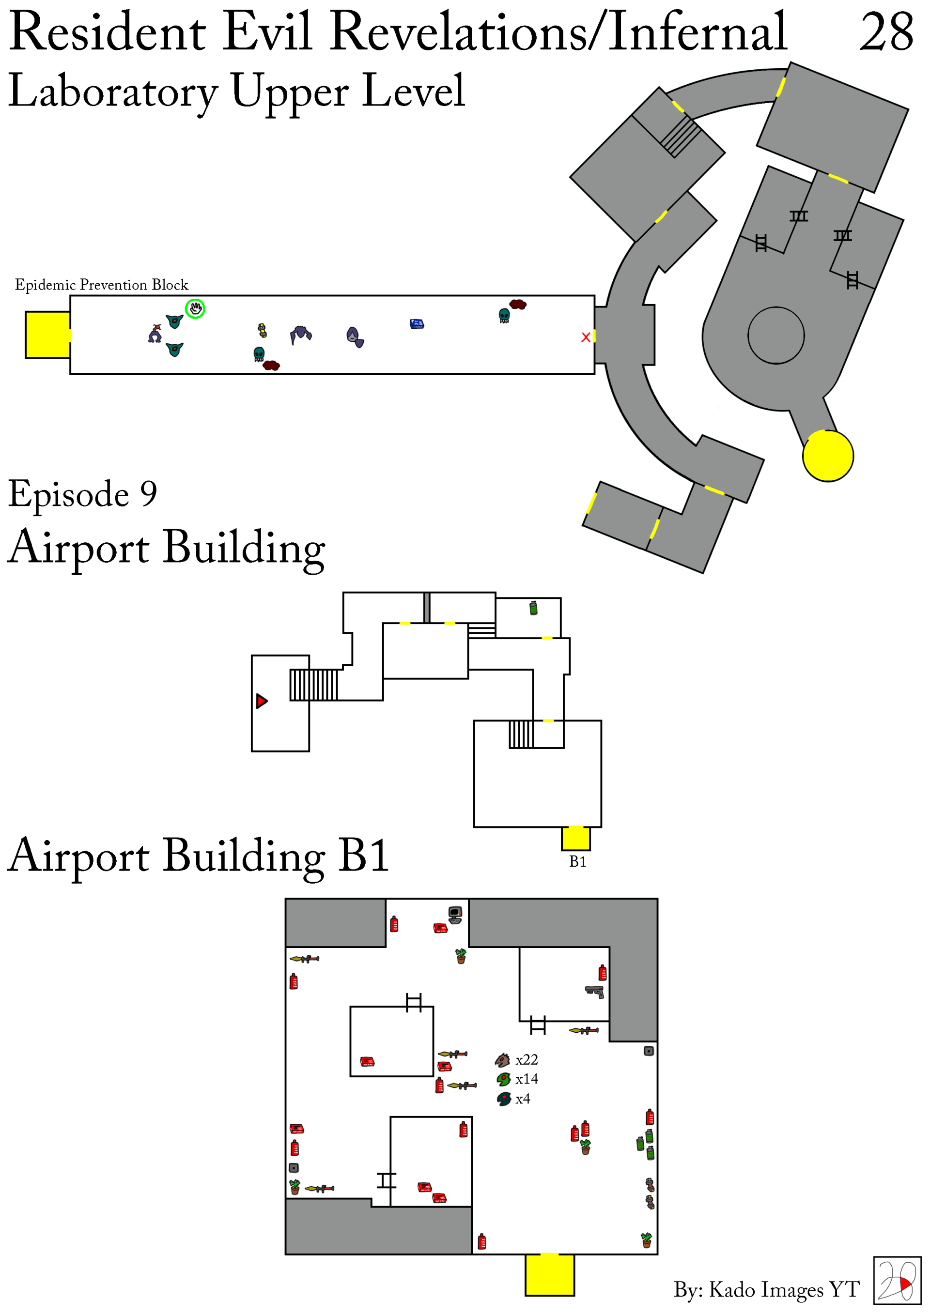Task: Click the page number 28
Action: click(x=885, y=32)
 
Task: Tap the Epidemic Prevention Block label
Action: click(x=101, y=285)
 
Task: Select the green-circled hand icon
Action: click(x=195, y=309)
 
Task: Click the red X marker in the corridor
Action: click(x=585, y=337)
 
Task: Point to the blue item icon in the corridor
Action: click(x=417, y=324)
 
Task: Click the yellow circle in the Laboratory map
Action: click(x=827, y=456)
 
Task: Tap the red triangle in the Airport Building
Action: click(x=261, y=701)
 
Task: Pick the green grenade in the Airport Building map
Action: click(x=533, y=608)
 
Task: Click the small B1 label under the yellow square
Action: click(x=577, y=861)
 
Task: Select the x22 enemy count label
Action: click(x=526, y=1060)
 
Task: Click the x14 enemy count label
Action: click(x=526, y=1080)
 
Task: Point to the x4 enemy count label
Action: click(x=523, y=1099)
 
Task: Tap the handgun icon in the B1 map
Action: click(x=594, y=992)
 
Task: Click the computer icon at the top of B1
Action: click(x=455, y=915)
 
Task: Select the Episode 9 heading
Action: click(x=82, y=494)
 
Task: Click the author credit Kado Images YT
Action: click(x=766, y=1289)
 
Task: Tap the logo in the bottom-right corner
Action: click(x=896, y=1281)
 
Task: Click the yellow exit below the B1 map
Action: click(x=549, y=1274)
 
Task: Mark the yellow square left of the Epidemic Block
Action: click(x=47, y=335)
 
